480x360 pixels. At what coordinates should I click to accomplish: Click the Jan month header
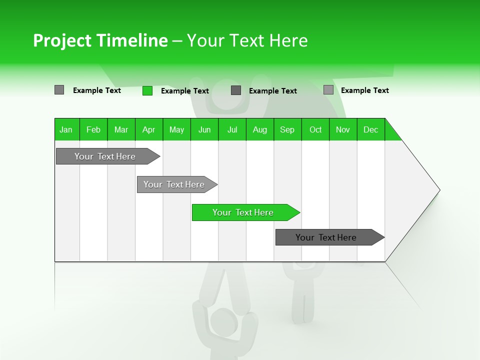66,129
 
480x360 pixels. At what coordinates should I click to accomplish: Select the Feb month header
93,129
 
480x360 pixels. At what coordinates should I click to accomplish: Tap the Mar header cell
121,129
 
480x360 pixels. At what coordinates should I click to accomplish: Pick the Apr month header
149,129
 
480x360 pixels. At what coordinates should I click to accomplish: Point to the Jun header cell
204,129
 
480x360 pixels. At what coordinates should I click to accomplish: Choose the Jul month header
232,129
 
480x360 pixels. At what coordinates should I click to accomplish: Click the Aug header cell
260,129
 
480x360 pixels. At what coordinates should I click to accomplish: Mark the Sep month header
287,129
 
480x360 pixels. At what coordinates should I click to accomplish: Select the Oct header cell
315,129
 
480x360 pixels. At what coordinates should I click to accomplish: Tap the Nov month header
343,129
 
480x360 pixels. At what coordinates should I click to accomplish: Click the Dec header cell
371,129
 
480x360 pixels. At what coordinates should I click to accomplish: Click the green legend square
147,90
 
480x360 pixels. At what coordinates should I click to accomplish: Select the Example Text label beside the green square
185,91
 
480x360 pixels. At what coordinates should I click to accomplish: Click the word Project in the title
62,40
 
